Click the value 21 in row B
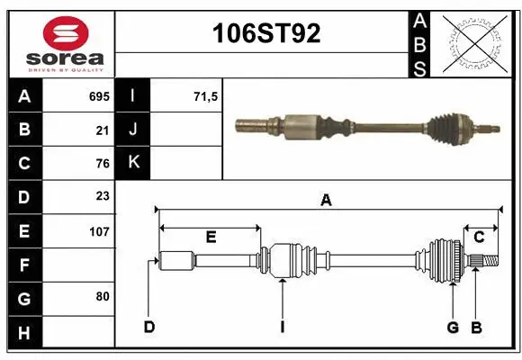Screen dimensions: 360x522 pyautogui.click(x=102, y=130)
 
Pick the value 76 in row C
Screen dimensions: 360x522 pyautogui.click(x=102, y=163)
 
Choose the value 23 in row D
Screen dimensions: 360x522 pyautogui.click(x=102, y=196)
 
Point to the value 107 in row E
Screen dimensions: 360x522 pyautogui.click(x=99, y=230)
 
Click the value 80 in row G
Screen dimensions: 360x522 pyautogui.click(x=102, y=296)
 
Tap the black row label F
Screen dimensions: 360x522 pyautogui.click(x=24, y=265)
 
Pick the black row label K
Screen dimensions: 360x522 pyautogui.click(x=134, y=163)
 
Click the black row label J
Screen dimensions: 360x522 pyautogui.click(x=134, y=130)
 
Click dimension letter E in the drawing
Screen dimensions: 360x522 pyautogui.click(x=211, y=237)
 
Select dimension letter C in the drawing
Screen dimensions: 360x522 pyautogui.click(x=479, y=237)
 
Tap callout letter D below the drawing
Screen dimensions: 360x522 pyautogui.click(x=149, y=327)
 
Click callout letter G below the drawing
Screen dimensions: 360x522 pyautogui.click(x=453, y=327)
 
